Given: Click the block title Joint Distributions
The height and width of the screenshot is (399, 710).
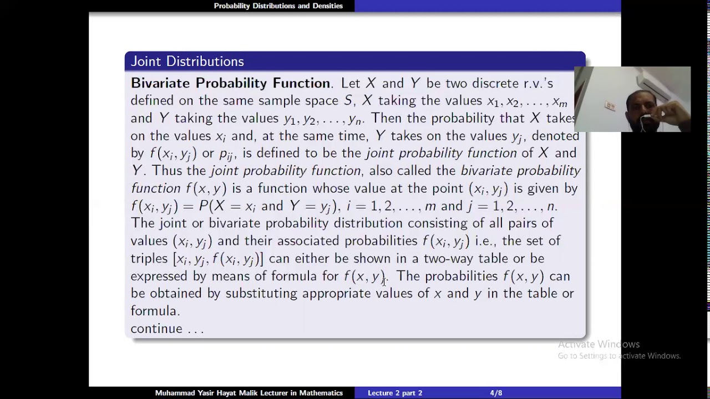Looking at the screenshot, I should click(187, 62).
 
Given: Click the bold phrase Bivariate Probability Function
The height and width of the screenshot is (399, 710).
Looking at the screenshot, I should click(230, 83).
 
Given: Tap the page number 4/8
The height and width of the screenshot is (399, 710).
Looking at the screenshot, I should click(496, 393).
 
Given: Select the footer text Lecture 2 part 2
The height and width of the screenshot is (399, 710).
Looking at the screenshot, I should click(395, 393).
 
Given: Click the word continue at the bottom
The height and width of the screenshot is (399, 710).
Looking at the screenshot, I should click(156, 329).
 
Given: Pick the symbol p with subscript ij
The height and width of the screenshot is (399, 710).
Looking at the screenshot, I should click(226, 154).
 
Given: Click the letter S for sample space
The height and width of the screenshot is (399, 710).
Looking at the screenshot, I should click(348, 101).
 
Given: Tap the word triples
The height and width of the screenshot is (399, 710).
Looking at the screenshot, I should click(149, 259).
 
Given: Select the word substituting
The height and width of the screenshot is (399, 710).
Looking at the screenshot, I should click(261, 294).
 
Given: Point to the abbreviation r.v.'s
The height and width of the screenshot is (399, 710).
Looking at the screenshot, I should click(538, 83).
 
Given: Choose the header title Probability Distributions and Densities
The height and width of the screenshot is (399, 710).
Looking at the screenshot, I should click(278, 6).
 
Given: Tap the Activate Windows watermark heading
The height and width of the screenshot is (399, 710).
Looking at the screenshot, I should click(599, 344).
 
